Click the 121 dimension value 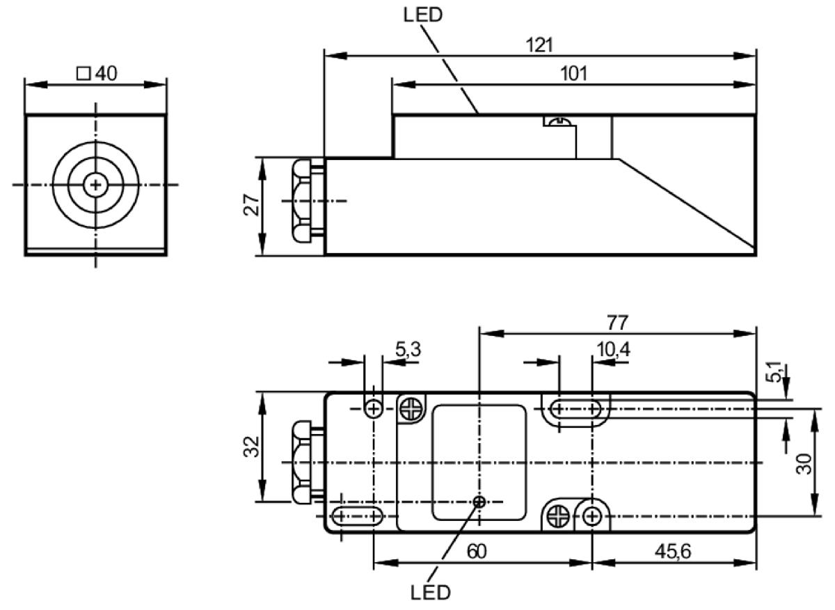pyautogui.click(x=539, y=45)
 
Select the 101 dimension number pyautogui.click(x=574, y=74)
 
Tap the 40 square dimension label pyautogui.click(x=97, y=73)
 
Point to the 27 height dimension pyautogui.click(x=252, y=204)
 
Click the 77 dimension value pyautogui.click(x=618, y=323)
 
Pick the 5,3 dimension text pyautogui.click(x=408, y=350)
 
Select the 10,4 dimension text pyautogui.click(x=614, y=350)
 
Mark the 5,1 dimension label pyautogui.click(x=774, y=373)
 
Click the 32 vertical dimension pyautogui.click(x=251, y=447)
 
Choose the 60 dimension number pyautogui.click(x=477, y=552)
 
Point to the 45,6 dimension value pyautogui.click(x=673, y=552)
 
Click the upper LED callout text pyautogui.click(x=423, y=15)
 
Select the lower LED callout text pyautogui.click(x=431, y=593)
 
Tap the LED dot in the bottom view pyautogui.click(x=479, y=502)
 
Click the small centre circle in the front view pyautogui.click(x=96, y=185)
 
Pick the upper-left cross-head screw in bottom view pyautogui.click(x=412, y=409)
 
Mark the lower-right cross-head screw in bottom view pyautogui.click(x=558, y=517)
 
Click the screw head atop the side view pyautogui.click(x=560, y=121)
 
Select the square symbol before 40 pyautogui.click(x=83, y=74)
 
